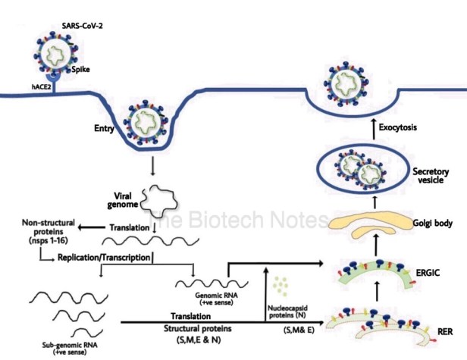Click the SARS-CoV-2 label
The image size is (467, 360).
[x=82, y=26]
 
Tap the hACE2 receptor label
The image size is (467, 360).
[x=42, y=87]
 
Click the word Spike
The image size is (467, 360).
[x=80, y=70]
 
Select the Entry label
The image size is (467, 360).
[x=105, y=128]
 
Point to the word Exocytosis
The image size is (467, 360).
[x=397, y=127]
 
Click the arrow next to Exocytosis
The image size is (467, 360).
[x=374, y=129]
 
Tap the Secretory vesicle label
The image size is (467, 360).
[x=431, y=176]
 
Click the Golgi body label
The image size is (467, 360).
[x=432, y=223]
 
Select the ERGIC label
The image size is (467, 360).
[x=428, y=273]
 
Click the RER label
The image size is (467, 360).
[x=445, y=331]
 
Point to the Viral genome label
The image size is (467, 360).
[x=123, y=200]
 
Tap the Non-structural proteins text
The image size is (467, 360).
[x=49, y=231]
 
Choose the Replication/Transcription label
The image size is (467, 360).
[x=104, y=257]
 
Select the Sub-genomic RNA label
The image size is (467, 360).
[x=70, y=349]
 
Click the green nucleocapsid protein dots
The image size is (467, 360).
[x=281, y=286]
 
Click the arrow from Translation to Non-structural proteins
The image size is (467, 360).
[x=92, y=228]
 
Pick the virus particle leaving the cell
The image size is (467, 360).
[x=346, y=83]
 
